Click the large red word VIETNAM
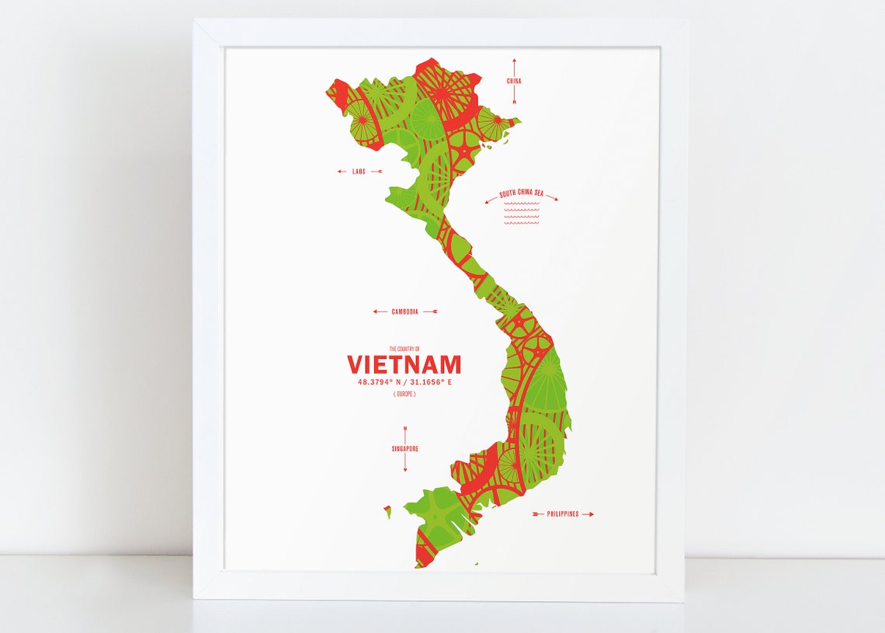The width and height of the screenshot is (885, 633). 404,364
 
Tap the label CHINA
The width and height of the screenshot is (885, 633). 514,81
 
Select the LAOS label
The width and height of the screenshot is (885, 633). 359,172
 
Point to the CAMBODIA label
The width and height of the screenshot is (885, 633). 404,311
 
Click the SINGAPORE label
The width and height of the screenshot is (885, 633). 404,448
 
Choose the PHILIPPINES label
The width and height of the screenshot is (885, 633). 563,514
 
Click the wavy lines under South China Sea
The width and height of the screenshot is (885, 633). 521,214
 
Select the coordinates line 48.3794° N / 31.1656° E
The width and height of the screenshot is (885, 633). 404,382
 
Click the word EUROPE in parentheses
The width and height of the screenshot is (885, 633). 404,395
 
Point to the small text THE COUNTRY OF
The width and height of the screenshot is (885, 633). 404,349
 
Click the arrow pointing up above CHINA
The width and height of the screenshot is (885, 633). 514,65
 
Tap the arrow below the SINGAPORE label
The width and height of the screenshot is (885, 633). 404,464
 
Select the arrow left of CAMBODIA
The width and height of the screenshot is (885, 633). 380,311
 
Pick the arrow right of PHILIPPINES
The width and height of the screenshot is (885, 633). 588,514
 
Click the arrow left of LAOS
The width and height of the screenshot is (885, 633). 342,172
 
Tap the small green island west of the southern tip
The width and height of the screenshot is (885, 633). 387,510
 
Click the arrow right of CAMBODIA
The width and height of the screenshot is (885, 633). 430,311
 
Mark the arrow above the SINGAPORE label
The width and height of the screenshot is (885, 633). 404,433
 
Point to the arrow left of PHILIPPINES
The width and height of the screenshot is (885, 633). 538,514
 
